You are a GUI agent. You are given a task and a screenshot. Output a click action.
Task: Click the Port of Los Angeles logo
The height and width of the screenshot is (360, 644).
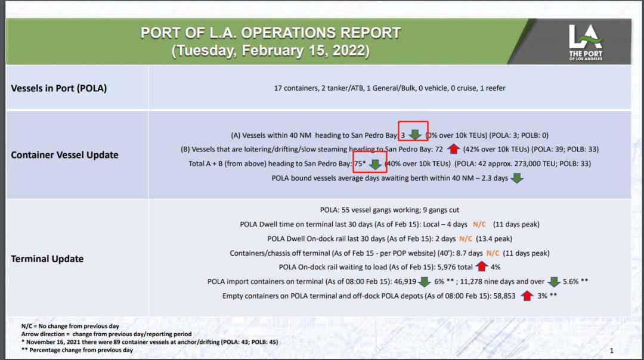[x=586, y=42]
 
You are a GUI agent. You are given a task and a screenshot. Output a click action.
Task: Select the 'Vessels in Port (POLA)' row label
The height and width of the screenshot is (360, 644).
[x=58, y=88]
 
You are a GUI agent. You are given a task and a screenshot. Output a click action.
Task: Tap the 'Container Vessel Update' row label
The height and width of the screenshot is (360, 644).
[x=64, y=155]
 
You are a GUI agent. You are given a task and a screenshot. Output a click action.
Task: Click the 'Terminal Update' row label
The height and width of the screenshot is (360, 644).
[x=47, y=259]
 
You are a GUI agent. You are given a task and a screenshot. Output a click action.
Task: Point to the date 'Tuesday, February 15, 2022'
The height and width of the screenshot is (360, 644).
[x=271, y=51]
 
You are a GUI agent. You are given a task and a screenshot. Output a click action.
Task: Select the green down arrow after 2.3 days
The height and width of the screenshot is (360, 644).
[x=517, y=178]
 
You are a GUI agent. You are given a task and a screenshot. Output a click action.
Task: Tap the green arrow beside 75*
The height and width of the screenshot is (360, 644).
[x=375, y=163]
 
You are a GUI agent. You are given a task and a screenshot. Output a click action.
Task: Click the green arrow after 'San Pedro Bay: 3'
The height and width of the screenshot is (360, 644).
[x=415, y=135]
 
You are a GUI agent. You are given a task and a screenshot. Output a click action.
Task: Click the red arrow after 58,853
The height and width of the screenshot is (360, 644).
[x=526, y=296]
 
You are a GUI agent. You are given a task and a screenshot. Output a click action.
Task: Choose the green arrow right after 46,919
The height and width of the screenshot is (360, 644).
[x=424, y=281]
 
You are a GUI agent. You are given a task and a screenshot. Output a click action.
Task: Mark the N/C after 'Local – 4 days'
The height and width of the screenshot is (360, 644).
[x=479, y=224]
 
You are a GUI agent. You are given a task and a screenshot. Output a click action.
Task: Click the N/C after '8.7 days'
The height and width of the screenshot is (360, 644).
[x=493, y=253]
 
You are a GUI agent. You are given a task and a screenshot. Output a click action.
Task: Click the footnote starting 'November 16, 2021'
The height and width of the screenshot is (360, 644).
[x=149, y=342]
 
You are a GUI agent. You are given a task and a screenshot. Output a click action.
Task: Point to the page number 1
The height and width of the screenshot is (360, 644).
[x=612, y=350]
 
